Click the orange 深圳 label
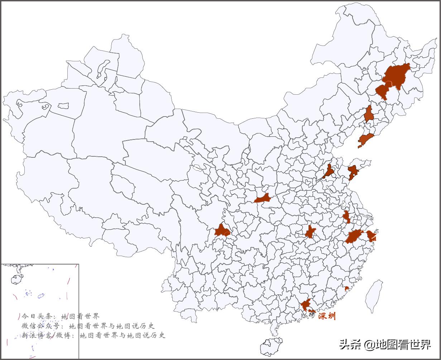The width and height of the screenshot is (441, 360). tap(327, 316)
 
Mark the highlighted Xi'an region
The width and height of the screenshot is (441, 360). tap(262, 198)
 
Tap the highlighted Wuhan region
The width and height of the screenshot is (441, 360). tap(310, 232)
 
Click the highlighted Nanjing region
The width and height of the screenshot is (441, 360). tap(346, 217)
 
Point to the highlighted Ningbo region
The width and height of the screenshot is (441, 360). tap(371, 236)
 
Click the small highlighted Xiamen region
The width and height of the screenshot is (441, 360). tap(346, 289)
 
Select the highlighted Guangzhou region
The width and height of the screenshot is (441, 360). tap(306, 305)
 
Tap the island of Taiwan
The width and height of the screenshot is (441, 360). tap(374, 296)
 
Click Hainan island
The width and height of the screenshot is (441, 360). tap(271, 346)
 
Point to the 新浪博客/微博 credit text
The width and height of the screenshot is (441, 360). tap(47, 336)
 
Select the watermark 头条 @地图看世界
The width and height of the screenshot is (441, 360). tap(385, 345)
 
